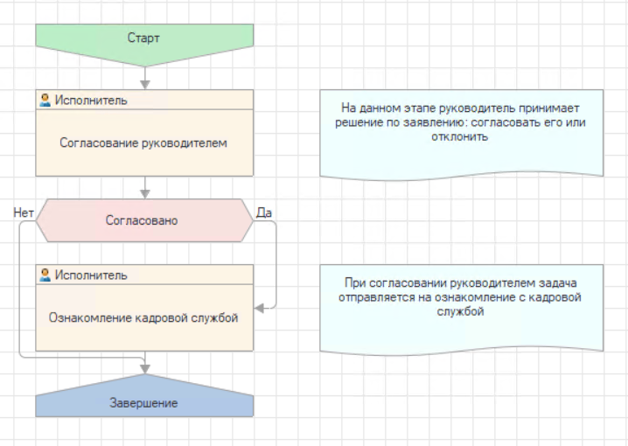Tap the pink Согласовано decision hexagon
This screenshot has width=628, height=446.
click(x=144, y=220)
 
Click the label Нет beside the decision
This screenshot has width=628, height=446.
click(x=24, y=213)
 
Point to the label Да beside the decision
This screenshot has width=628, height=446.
click(x=264, y=213)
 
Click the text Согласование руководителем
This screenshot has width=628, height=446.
click(x=143, y=143)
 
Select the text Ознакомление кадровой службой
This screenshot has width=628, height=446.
click(x=143, y=317)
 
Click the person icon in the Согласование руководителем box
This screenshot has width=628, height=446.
click(x=45, y=100)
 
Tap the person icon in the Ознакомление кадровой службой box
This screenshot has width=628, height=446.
click(x=45, y=275)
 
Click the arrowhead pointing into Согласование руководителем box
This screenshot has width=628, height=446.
click(x=145, y=85)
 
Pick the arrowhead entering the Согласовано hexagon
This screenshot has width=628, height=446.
click(x=145, y=194)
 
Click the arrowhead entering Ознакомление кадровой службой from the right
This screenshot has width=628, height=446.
click(x=259, y=309)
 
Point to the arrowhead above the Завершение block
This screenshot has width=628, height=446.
click(x=145, y=369)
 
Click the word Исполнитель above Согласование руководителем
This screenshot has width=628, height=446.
click(x=91, y=100)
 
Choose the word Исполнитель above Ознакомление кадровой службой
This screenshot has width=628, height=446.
click(x=91, y=275)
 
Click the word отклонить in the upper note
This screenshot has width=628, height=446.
click(x=460, y=136)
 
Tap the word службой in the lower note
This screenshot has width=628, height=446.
click(x=460, y=311)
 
